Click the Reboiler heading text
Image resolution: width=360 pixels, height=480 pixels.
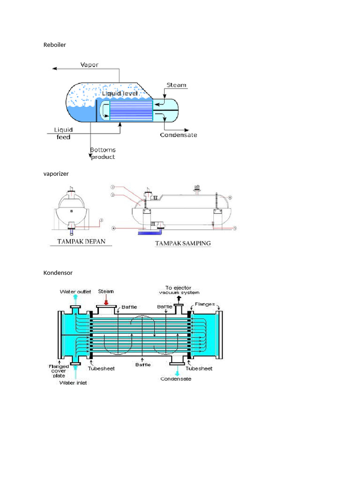point(55,45)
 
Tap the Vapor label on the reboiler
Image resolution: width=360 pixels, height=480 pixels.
point(90,65)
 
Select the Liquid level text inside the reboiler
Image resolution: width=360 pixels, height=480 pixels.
point(120,94)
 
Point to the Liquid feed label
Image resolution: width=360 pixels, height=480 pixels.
point(63,133)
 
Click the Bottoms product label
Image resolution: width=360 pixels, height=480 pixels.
point(103,153)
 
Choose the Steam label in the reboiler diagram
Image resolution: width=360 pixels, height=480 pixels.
point(177,85)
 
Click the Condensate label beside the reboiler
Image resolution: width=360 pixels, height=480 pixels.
point(179,135)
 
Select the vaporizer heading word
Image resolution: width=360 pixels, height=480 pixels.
point(56,173)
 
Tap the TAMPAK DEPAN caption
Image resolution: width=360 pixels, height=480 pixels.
point(78,242)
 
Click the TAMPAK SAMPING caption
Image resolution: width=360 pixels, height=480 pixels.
point(183,244)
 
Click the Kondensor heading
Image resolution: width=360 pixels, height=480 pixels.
point(58,272)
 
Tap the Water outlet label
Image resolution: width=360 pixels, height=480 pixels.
point(75,292)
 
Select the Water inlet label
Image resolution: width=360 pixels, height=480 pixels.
point(73,382)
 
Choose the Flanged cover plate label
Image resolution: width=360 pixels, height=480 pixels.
point(59,371)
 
